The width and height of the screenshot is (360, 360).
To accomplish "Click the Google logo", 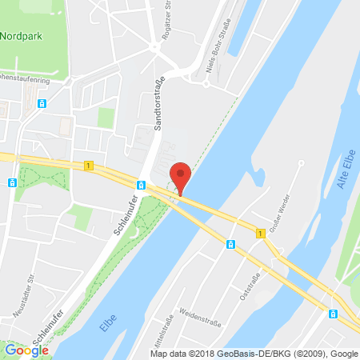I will coord(27,350).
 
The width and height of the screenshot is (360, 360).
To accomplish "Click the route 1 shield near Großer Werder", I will coord(260,233).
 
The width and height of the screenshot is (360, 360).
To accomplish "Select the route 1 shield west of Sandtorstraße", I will coord(87,165).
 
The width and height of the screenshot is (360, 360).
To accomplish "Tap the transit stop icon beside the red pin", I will coord(141,186).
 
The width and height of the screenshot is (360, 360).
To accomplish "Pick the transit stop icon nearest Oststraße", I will coord(230,244).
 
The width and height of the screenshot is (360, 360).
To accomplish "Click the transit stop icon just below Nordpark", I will coord(40,103).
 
